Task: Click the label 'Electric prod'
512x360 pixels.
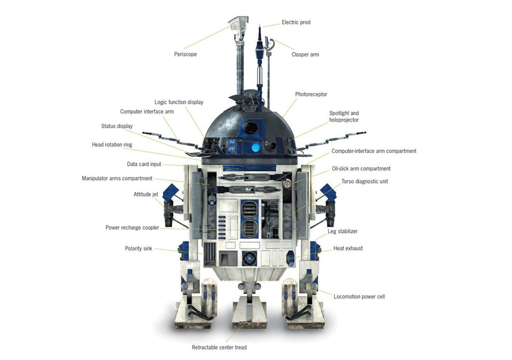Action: [x=296, y=22]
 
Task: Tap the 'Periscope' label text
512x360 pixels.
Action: [x=185, y=54]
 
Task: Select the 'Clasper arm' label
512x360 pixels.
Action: [x=305, y=54]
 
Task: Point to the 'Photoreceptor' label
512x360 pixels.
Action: [x=311, y=94]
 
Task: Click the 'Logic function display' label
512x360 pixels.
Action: [x=179, y=102]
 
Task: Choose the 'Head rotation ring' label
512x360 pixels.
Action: [x=112, y=145]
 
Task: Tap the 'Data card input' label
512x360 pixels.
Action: [x=144, y=164]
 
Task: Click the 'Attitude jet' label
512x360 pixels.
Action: [x=146, y=194]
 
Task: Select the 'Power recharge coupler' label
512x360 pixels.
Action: [x=132, y=228]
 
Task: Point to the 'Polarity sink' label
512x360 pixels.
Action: [x=138, y=248]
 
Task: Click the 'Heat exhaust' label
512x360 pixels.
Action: [x=348, y=248]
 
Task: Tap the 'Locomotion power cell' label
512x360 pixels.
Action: [x=359, y=297]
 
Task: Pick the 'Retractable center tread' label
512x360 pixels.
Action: [x=219, y=348]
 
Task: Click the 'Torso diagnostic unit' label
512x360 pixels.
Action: [x=364, y=182]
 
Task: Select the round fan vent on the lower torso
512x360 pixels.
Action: [x=249, y=258]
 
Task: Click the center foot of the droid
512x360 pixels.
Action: [x=249, y=314]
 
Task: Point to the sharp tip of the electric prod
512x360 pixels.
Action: [x=260, y=24]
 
